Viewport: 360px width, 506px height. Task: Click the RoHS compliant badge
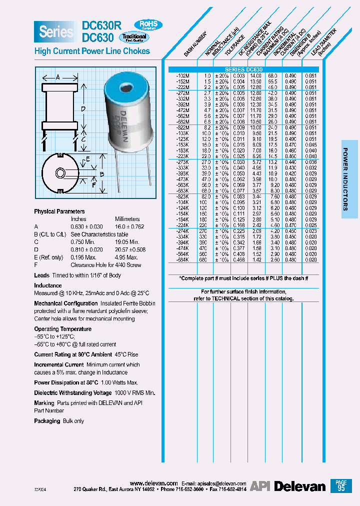[x=148, y=24]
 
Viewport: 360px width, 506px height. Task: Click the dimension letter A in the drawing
[x=57, y=77]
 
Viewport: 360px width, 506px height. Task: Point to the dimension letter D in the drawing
[x=83, y=108]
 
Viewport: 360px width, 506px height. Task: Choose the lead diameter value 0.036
[x=311, y=162]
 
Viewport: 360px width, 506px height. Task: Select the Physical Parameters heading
[x=59, y=211]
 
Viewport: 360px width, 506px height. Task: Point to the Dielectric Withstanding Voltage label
[x=73, y=392]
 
